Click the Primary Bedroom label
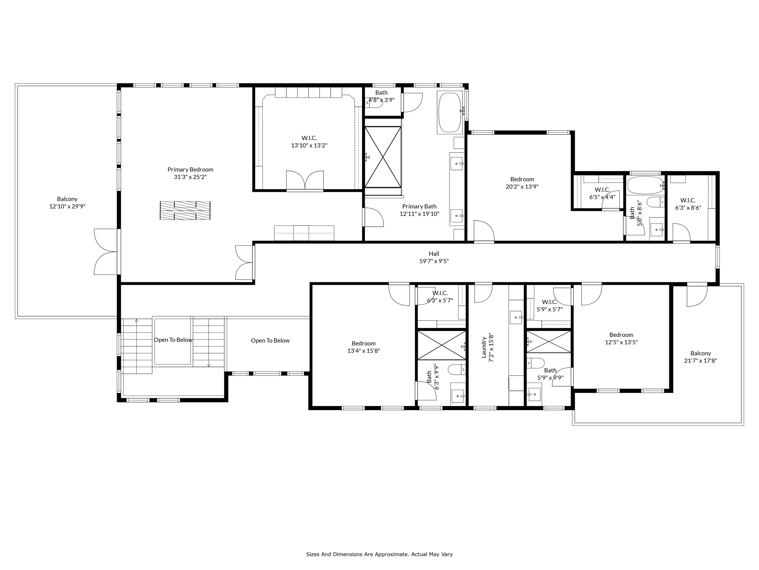click(x=190, y=170)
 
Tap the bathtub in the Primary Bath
click(x=450, y=112)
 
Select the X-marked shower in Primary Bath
click(x=383, y=157)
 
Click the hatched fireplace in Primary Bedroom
click(x=185, y=210)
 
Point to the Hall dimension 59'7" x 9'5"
click(x=434, y=261)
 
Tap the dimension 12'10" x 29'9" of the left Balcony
click(x=67, y=207)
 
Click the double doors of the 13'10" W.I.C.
click(x=305, y=181)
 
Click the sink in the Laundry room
click(x=516, y=317)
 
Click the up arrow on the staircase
click(x=136, y=320)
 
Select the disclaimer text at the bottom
click(x=379, y=554)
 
